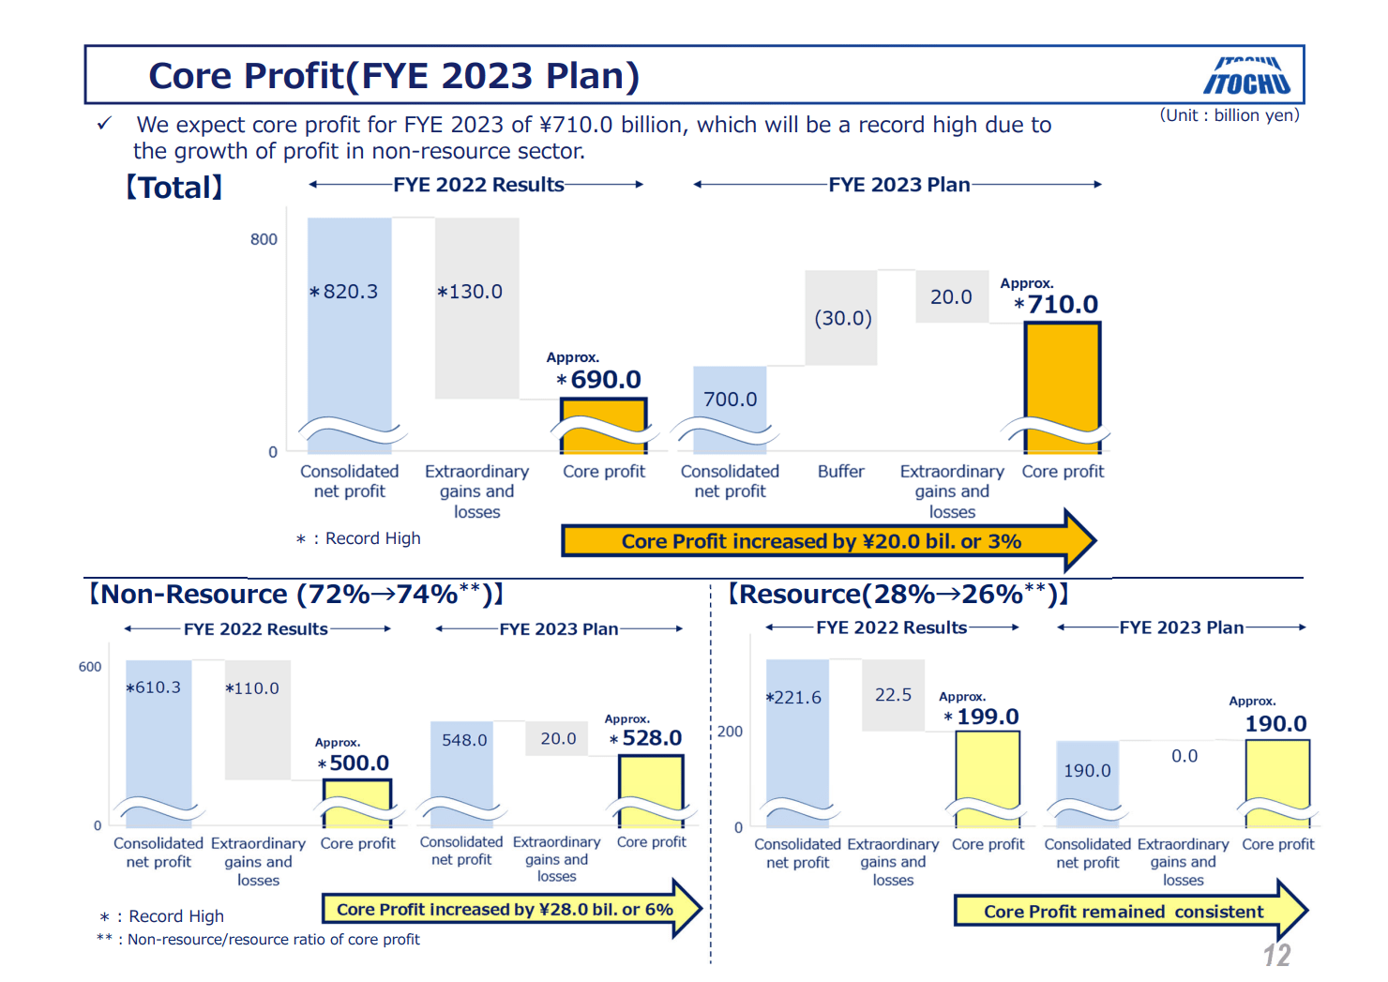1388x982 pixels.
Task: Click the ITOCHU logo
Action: coord(1246,77)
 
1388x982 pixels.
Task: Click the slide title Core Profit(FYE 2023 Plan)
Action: coord(394,76)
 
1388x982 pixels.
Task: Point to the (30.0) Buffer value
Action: coord(842,318)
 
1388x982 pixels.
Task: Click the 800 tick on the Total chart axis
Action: coord(264,239)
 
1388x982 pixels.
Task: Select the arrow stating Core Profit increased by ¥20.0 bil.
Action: coord(825,541)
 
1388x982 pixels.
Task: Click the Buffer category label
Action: coord(840,471)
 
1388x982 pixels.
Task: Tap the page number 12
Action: coord(1276,955)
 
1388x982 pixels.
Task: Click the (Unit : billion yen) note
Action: coord(1230,115)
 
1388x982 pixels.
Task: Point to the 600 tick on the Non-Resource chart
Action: coord(90,667)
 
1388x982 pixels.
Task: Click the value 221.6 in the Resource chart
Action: coord(796,697)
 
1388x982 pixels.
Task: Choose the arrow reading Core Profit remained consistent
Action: coord(1125,911)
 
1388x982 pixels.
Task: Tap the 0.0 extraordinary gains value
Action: coord(1184,756)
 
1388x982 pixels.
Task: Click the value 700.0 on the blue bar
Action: coord(730,400)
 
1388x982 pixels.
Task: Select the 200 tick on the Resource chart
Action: coord(730,732)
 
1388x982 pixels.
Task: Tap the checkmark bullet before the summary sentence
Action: coord(104,124)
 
